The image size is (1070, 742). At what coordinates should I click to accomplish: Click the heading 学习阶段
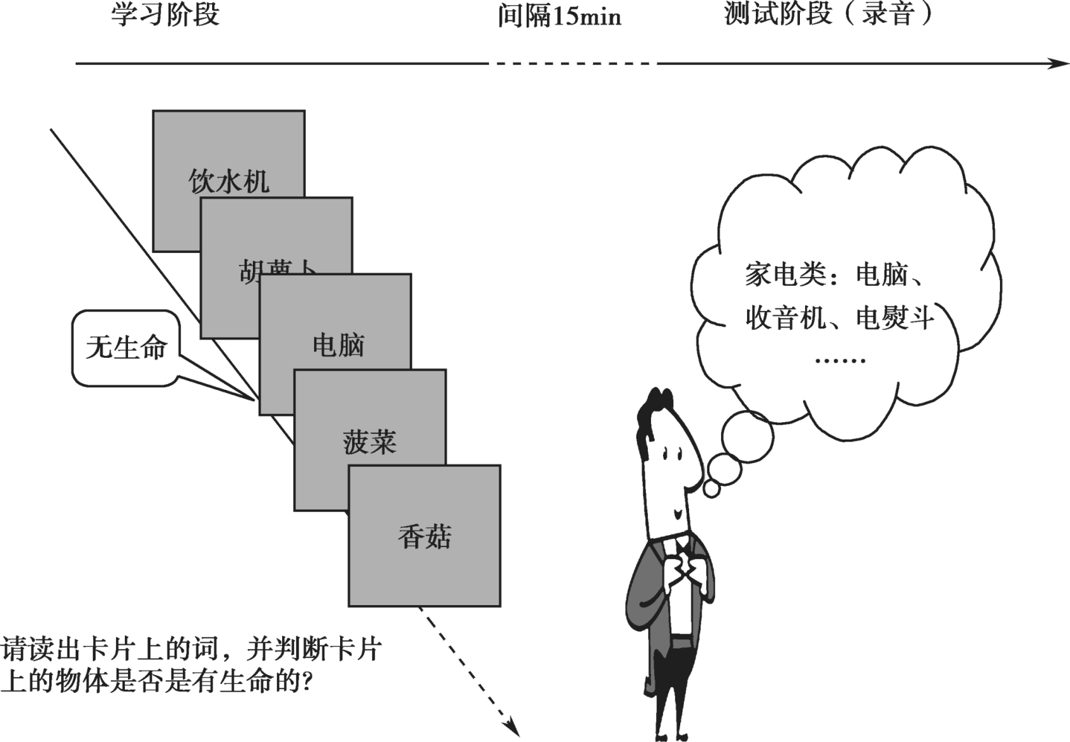click(x=165, y=15)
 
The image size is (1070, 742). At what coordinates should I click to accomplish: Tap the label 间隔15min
click(x=559, y=16)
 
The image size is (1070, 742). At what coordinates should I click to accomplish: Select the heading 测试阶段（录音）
click(x=828, y=14)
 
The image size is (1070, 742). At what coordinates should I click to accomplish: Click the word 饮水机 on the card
click(x=229, y=182)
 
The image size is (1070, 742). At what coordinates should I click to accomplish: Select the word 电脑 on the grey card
click(x=338, y=345)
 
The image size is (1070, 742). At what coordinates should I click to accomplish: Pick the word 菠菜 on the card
click(x=369, y=441)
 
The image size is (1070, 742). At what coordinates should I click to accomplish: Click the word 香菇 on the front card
click(x=424, y=536)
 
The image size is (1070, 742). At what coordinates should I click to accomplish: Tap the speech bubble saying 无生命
click(x=126, y=348)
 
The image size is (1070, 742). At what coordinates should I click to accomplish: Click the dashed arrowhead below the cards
click(x=512, y=727)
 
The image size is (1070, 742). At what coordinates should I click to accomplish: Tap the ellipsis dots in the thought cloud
click(x=840, y=360)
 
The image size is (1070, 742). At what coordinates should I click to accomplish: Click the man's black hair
click(x=653, y=408)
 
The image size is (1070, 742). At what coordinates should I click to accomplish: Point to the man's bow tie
click(x=683, y=545)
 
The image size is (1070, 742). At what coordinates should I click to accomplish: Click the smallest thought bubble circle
click(x=711, y=489)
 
